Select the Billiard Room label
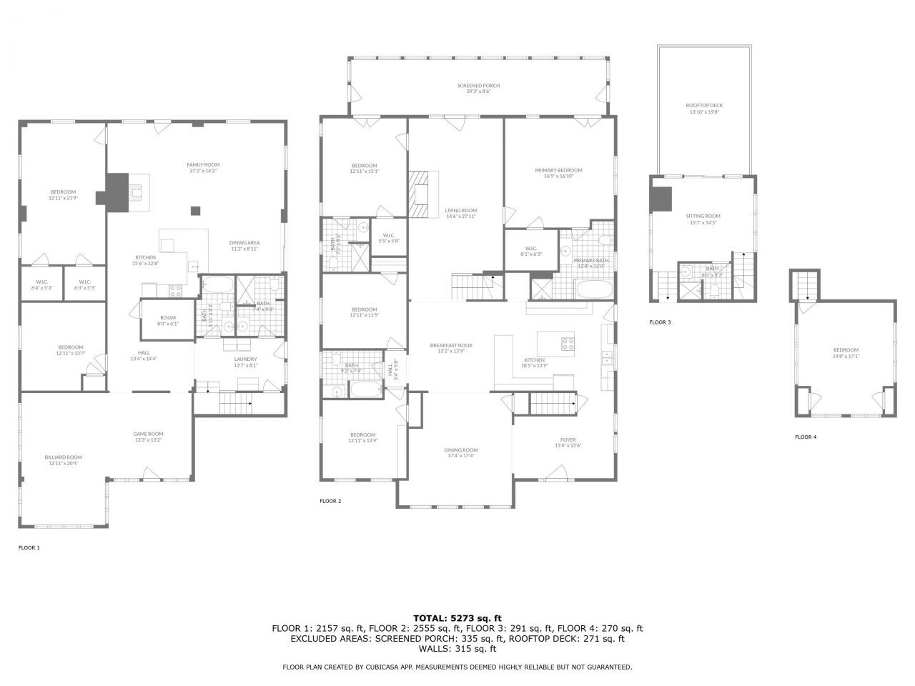(63, 460)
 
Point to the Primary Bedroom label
(558, 173)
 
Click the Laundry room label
(245, 362)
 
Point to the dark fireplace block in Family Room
(114, 192)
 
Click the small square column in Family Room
(195, 210)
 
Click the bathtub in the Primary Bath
(594, 290)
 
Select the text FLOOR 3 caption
(660, 322)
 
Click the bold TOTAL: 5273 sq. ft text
(457, 618)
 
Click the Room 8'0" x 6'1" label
(167, 321)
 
